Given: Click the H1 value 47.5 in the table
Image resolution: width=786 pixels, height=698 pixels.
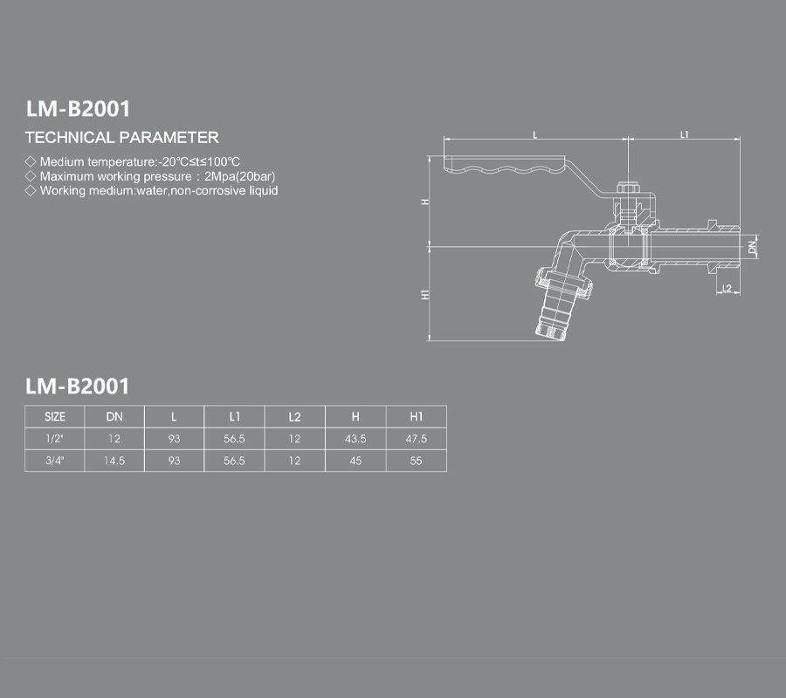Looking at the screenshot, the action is tap(416, 439).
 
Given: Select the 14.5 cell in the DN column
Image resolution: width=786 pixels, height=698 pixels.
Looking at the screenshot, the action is tap(114, 461).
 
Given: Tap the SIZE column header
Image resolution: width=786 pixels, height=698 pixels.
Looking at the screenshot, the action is tap(55, 416).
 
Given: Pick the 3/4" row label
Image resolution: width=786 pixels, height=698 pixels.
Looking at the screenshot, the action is tap(55, 461).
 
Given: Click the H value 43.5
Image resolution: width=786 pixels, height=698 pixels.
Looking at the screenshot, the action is tap(355, 439).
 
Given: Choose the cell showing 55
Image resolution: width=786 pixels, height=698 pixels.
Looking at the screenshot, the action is tap(416, 461).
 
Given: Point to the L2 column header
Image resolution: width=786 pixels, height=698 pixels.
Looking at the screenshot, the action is tap(295, 416).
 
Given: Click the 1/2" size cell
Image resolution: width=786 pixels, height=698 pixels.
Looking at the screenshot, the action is tap(55, 439).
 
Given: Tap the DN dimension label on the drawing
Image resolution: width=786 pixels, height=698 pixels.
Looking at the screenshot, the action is tap(752, 247).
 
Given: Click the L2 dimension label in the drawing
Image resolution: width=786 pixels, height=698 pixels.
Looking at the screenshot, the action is tap(727, 288).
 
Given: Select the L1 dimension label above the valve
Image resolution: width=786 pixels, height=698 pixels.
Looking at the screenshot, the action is tap(684, 134).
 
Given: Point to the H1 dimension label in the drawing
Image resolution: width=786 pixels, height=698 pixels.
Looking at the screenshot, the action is tap(425, 294).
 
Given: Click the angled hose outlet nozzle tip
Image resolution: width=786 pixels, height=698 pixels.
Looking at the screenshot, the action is tap(550, 331).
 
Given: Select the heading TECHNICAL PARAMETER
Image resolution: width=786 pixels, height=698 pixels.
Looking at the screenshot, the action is tap(121, 137).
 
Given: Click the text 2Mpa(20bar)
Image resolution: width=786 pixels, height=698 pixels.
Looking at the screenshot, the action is tap(239, 176).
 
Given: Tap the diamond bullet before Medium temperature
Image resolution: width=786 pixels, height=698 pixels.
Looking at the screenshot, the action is tap(31, 161).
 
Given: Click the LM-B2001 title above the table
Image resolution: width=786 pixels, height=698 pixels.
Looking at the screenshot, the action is tap(77, 386).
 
